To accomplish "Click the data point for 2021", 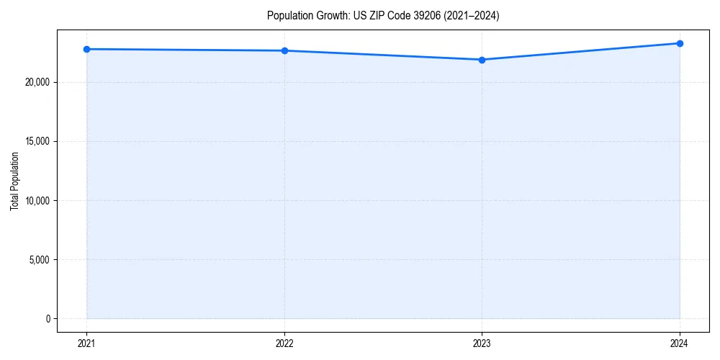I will tap(86, 49).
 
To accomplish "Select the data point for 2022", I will tap(284, 50).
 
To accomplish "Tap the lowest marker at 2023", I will tap(482, 60).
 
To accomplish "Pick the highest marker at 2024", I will tap(680, 43).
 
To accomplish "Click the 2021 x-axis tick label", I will tap(86, 343).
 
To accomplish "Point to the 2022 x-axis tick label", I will tap(284, 343).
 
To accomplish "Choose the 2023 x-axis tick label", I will tap(482, 343).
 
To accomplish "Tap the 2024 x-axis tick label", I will tap(680, 343).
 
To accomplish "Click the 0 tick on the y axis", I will tap(48, 319).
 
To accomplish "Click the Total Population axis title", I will tap(15, 181).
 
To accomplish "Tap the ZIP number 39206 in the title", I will tap(418, 16).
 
